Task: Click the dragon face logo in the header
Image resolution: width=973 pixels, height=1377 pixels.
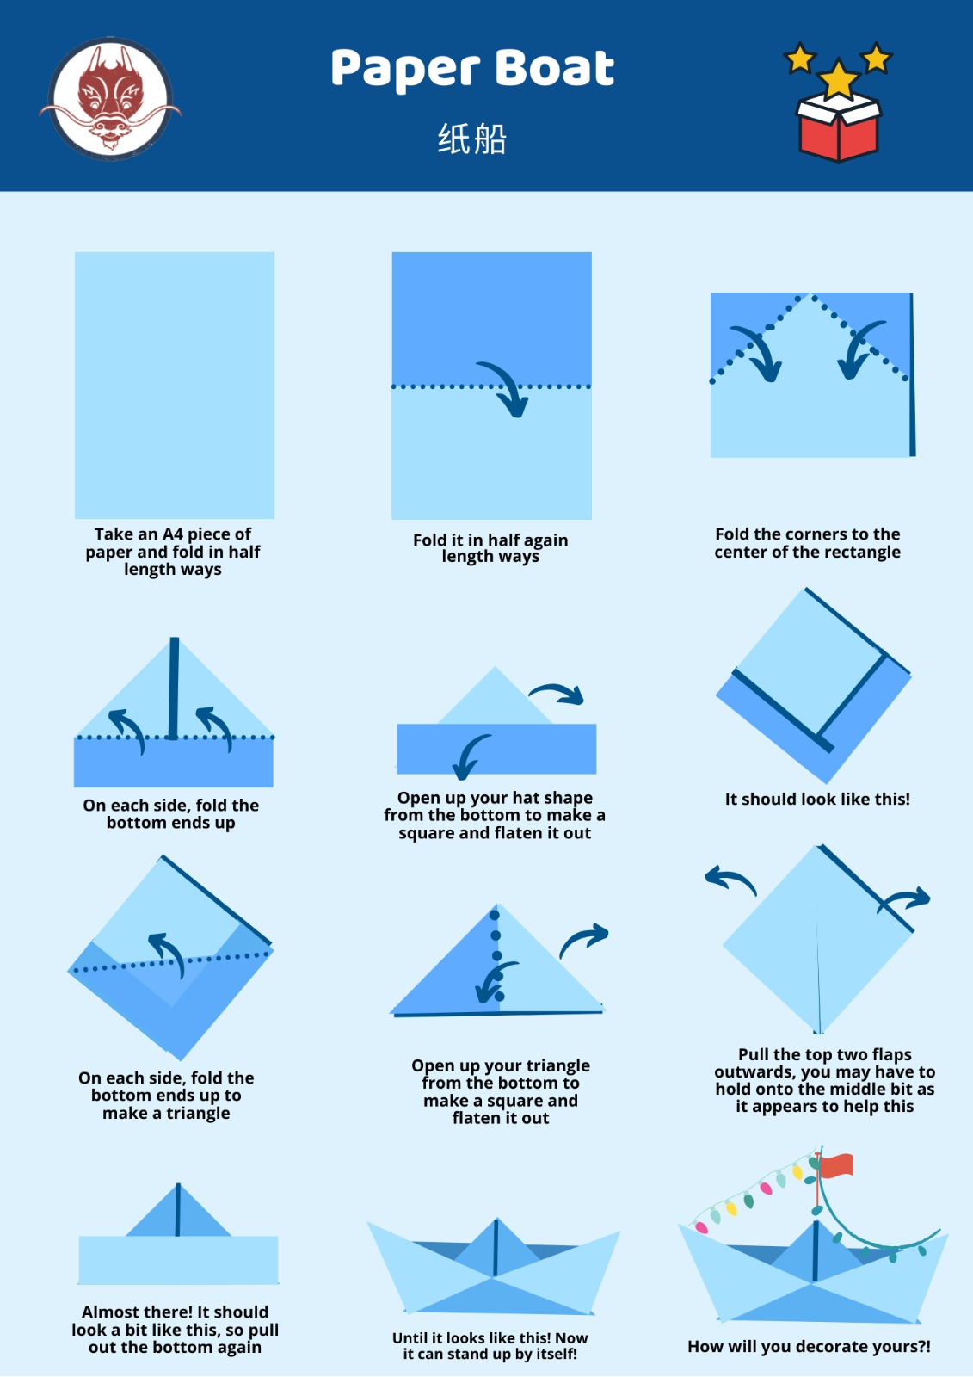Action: click(x=111, y=99)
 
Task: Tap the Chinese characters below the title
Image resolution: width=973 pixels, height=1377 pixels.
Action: click(x=472, y=139)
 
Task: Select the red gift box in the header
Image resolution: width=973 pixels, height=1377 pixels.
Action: click(x=839, y=127)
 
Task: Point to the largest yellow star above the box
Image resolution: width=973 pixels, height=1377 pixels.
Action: click(x=839, y=78)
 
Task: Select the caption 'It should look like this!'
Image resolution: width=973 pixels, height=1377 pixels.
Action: click(x=817, y=800)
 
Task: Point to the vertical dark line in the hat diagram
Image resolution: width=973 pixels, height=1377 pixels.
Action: click(x=175, y=688)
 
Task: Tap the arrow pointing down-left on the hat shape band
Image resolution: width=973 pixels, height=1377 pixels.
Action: click(x=470, y=757)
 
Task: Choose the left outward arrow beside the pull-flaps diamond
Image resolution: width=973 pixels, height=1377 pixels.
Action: click(x=730, y=880)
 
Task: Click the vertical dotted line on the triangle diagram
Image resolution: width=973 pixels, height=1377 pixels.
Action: click(x=496, y=956)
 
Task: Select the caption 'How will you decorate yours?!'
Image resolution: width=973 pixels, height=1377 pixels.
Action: click(x=809, y=1346)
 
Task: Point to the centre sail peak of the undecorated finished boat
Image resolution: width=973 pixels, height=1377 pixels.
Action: click(x=496, y=1220)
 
